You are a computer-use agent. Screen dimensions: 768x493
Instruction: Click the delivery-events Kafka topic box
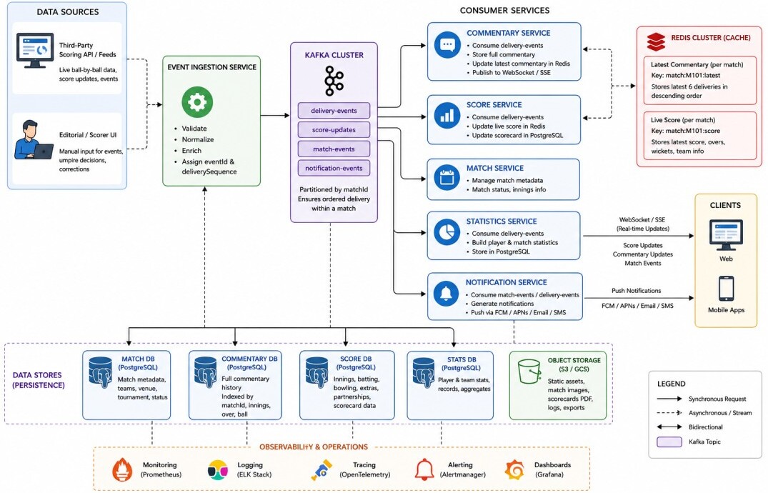[334, 111]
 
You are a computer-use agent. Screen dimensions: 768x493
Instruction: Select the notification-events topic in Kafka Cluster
[334, 168]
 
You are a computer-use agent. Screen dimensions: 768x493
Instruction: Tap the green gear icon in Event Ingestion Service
[197, 102]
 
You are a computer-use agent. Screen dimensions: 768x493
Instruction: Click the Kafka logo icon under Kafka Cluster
[334, 81]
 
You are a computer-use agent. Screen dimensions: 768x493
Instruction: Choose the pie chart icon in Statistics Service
[447, 233]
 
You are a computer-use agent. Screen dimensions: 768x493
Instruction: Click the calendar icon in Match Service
[447, 177]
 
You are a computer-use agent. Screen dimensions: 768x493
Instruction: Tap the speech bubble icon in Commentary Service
[447, 45]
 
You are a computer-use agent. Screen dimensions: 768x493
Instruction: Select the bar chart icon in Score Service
[447, 116]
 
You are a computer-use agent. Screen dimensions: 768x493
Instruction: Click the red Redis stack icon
[656, 41]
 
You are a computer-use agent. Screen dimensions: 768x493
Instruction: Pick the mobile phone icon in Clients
[726, 289]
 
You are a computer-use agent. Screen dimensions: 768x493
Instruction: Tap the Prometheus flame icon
[122, 469]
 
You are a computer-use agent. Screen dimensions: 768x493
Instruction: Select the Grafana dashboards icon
[515, 469]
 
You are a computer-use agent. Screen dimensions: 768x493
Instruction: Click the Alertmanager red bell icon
[424, 469]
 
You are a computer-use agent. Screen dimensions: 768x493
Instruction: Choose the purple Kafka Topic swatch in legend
[669, 442]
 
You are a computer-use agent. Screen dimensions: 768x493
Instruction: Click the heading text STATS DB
[462, 359]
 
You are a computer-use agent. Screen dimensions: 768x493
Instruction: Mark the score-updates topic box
[334, 130]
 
